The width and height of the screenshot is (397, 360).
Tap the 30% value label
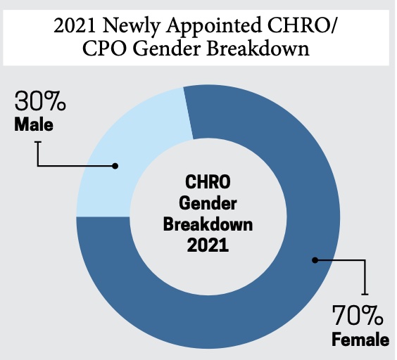click(40, 103)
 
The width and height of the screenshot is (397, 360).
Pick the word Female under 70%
click(360, 341)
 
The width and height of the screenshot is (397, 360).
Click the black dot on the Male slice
click(115, 166)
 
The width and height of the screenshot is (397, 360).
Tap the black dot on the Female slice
click(315, 260)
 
